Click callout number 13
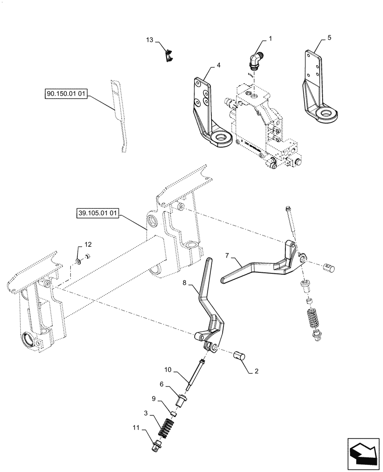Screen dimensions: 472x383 (150, 41)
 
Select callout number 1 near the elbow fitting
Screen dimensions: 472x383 (271, 38)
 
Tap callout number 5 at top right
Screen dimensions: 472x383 (329, 37)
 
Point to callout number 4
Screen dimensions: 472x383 (218, 65)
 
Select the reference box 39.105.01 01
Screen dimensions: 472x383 (97, 213)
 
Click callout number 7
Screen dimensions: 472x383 (227, 255)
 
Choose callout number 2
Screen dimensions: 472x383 (257, 371)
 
